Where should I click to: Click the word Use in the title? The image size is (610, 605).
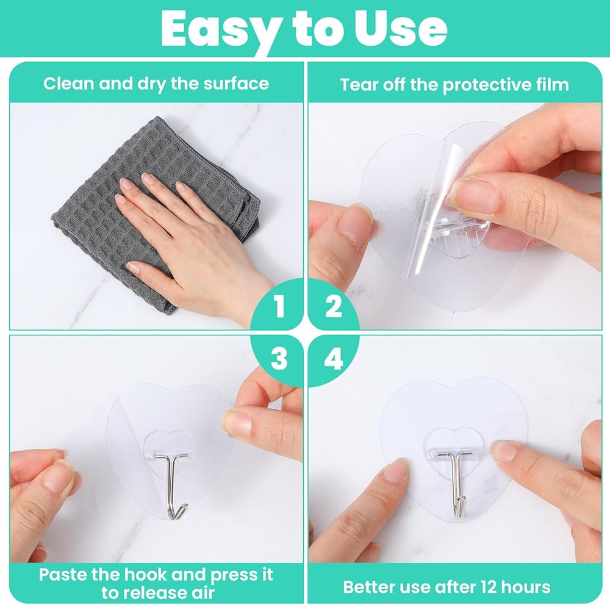coord(401,28)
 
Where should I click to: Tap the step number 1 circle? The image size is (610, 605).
coord(277,305)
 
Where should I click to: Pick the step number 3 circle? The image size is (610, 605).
coord(277,359)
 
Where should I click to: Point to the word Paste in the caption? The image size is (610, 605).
coord(63,575)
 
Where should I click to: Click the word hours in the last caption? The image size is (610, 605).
coord(526,587)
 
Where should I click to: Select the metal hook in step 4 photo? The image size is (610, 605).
coord(456,482)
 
